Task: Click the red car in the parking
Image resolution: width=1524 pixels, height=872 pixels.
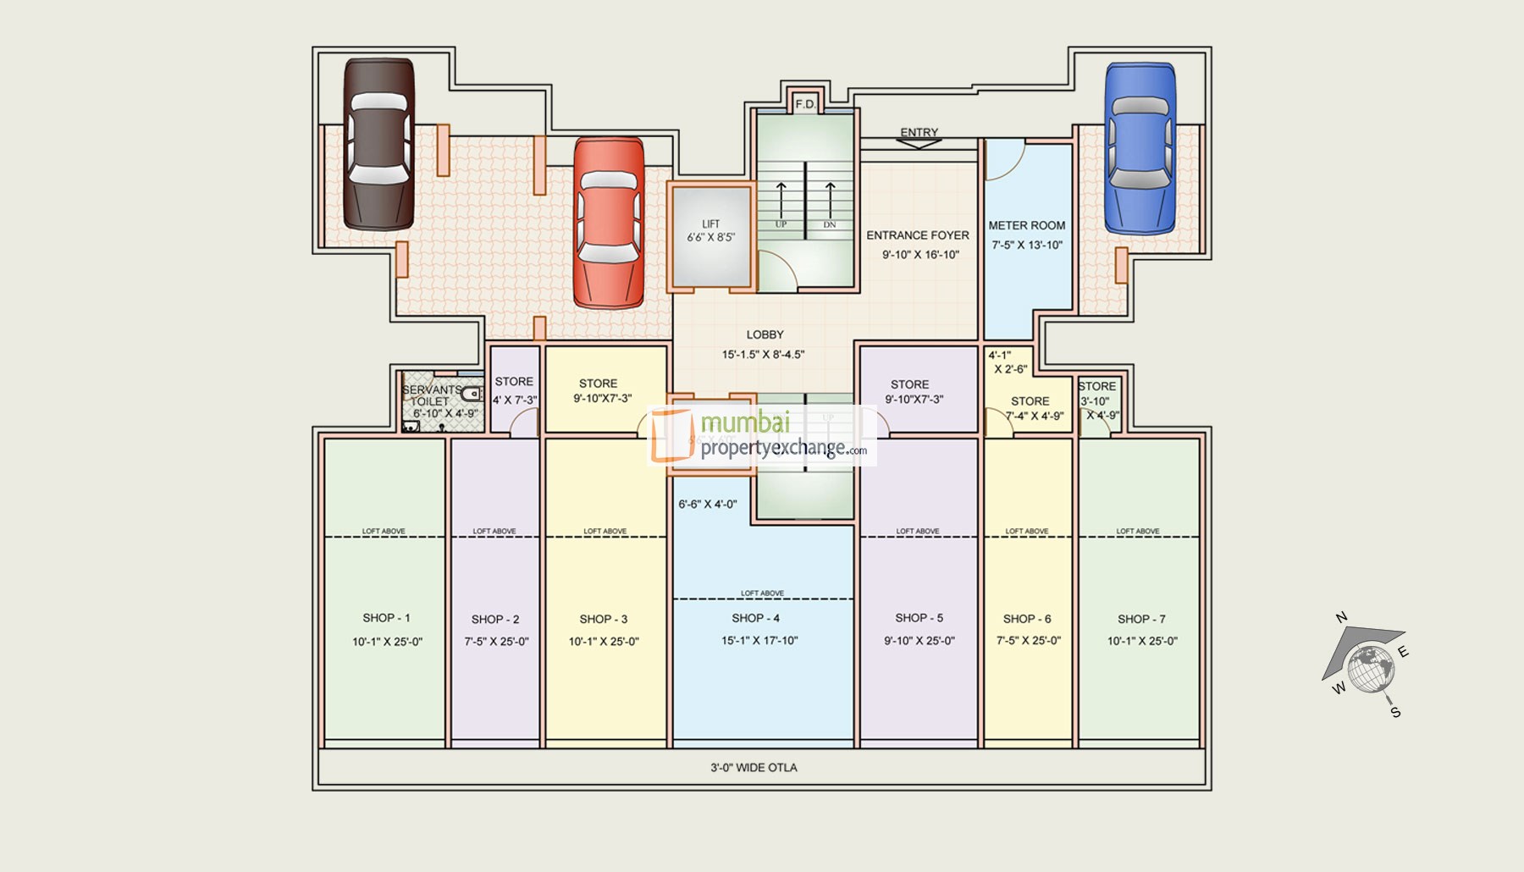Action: coord(609,224)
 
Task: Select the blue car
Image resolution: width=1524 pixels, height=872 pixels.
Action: coord(1140,149)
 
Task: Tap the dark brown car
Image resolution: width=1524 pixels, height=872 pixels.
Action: coord(378,144)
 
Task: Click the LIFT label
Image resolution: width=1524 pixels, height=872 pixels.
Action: coord(710,224)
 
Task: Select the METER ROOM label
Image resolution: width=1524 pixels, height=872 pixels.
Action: coord(1026,225)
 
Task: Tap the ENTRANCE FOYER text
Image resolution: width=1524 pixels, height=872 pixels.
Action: coord(917,235)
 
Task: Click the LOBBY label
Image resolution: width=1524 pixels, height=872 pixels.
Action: coord(765,334)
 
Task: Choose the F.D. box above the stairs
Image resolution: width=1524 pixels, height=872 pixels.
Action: coord(805,104)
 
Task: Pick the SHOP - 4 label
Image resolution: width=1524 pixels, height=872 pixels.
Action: coord(755,618)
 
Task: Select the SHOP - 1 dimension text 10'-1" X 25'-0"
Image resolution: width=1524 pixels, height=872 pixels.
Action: coord(387,642)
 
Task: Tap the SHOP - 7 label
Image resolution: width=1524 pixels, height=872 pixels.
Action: coord(1140,619)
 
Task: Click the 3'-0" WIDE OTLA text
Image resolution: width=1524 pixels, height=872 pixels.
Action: coord(754,767)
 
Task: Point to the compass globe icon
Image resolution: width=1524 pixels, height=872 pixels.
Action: coord(1371,668)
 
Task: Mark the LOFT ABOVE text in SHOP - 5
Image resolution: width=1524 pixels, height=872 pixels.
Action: coord(917,531)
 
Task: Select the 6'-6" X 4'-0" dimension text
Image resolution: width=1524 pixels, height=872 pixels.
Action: coord(707,504)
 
